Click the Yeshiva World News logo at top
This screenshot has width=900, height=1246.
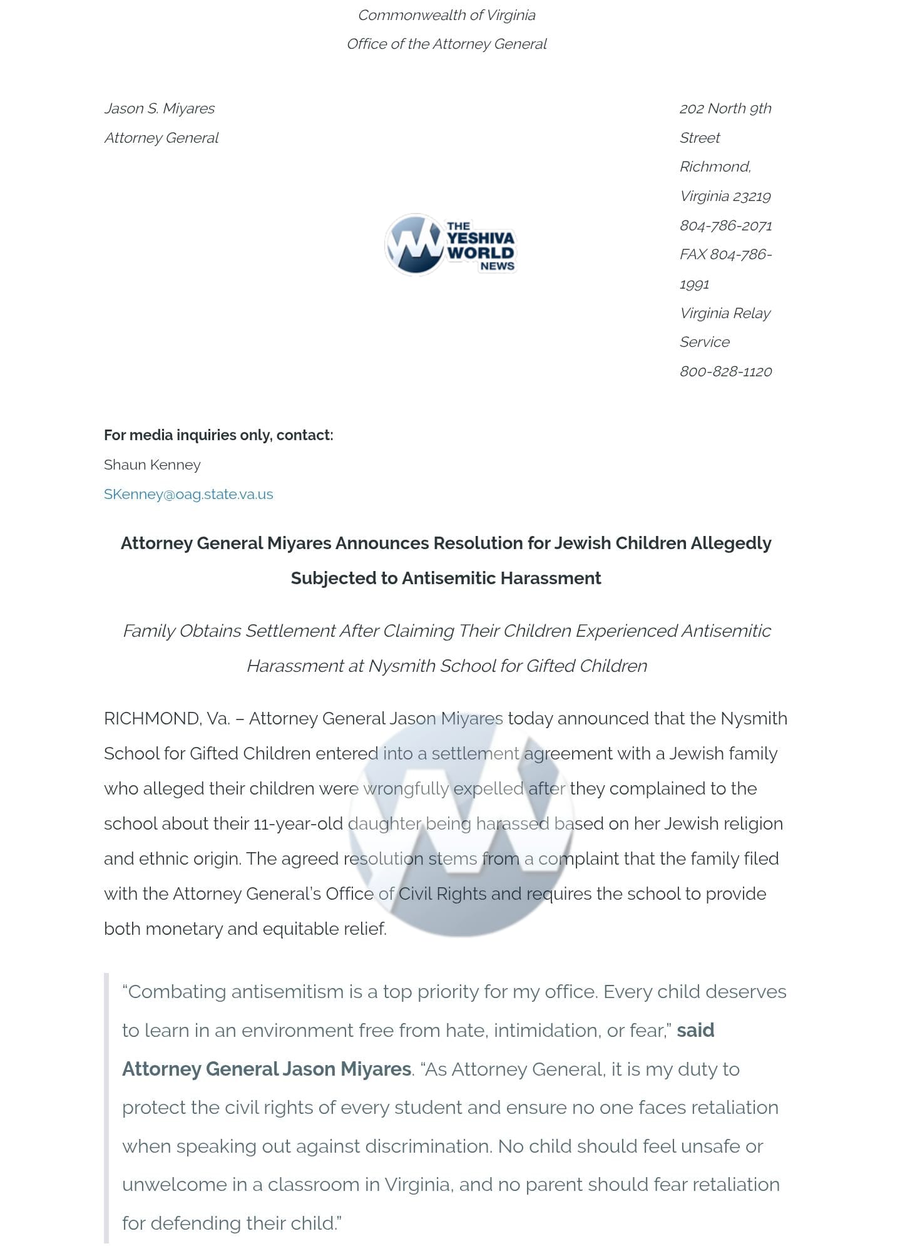click(x=450, y=245)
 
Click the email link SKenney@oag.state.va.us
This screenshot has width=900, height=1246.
click(x=188, y=494)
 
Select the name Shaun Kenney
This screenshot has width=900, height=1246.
click(x=152, y=465)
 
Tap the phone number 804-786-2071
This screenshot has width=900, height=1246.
click(x=725, y=225)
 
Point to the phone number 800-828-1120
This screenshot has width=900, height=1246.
click(x=725, y=371)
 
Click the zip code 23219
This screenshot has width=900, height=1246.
click(x=752, y=196)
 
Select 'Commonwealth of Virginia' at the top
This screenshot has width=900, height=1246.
click(x=446, y=15)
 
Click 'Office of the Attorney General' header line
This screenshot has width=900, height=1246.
click(x=446, y=44)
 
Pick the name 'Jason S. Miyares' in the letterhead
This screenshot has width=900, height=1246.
click(x=159, y=108)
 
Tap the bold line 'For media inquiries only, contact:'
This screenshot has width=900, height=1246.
click(x=218, y=435)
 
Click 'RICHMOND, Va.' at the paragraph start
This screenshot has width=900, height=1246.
click(x=166, y=718)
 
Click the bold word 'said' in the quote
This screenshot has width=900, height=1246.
click(x=695, y=1030)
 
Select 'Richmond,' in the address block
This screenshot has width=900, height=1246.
click(x=715, y=167)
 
